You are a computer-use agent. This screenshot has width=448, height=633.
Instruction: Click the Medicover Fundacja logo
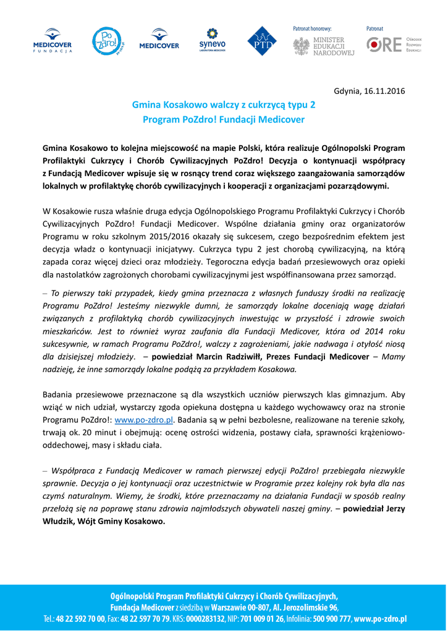(53, 41)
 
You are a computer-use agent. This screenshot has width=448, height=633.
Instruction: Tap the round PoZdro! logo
(107, 41)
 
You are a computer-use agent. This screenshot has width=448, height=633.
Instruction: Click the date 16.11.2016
(385, 91)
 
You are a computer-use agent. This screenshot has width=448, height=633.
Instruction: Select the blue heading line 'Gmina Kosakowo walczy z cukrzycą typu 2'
(224, 106)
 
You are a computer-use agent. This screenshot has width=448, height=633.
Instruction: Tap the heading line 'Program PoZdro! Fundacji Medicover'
(224, 119)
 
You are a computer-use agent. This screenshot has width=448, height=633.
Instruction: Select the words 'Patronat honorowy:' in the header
(311, 28)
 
